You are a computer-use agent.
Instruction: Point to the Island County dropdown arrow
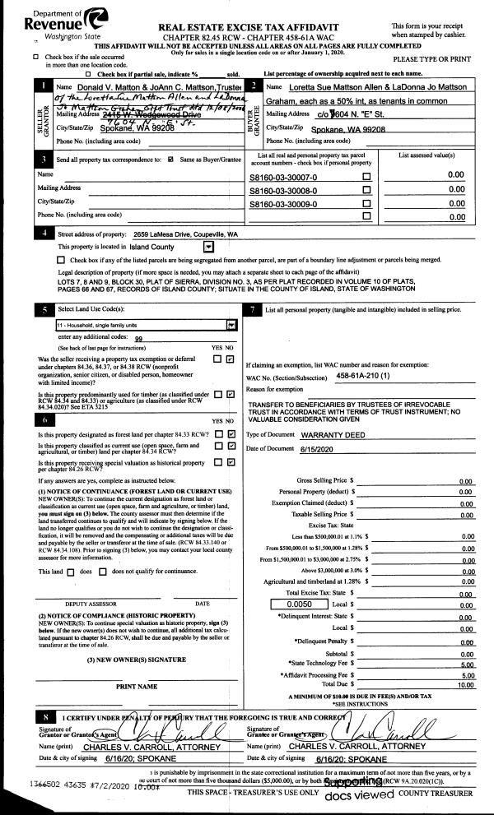(x=208, y=246)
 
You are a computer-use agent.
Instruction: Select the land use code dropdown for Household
(x=140, y=324)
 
